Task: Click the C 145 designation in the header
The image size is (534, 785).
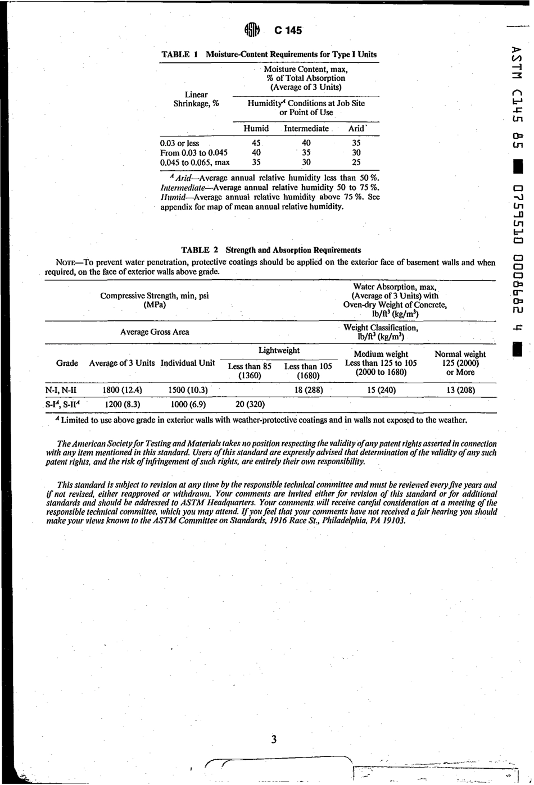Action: [x=288, y=31]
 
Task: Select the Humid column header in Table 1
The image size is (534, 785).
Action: [x=256, y=129]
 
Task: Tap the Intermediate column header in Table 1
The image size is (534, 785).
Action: [x=306, y=129]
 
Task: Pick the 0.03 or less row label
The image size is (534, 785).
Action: [x=180, y=143]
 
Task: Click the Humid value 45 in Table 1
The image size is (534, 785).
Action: [x=256, y=143]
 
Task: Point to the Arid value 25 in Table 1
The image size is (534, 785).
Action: [x=356, y=162]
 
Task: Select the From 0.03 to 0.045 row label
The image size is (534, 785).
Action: [x=194, y=153]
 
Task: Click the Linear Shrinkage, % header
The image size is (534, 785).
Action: [x=196, y=99]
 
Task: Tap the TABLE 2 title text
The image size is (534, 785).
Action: [x=271, y=250]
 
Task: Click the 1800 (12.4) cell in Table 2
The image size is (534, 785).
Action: [x=122, y=390]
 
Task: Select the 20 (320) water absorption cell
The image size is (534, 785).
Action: [x=250, y=404]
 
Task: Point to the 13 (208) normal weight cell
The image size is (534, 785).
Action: [x=460, y=390]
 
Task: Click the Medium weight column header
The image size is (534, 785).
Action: [x=381, y=354]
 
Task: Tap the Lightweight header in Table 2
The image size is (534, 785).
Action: [x=279, y=351]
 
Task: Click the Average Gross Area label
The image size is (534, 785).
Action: [x=155, y=332]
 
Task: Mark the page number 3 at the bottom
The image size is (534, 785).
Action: [x=274, y=739]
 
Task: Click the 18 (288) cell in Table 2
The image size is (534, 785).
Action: [x=309, y=390]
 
